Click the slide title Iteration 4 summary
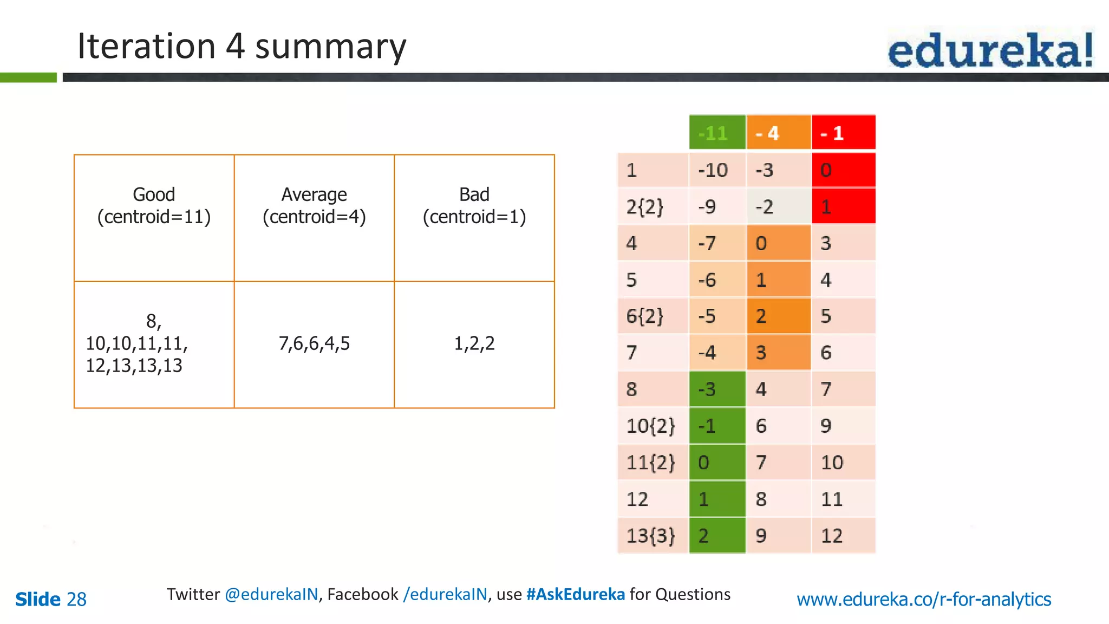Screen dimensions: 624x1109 coord(242,47)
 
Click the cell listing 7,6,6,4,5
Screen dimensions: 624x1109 coord(314,344)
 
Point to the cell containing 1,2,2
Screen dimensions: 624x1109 coord(474,344)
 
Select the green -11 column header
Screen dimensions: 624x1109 coord(717,133)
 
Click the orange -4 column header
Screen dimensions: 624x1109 coord(778,133)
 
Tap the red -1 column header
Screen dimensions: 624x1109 coord(843,133)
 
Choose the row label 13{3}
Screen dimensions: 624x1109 coord(652,536)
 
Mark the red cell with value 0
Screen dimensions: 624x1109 coord(843,171)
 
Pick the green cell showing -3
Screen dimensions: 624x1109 coord(717,389)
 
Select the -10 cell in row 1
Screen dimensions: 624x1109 coord(717,171)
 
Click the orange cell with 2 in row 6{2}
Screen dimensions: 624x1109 coord(778,316)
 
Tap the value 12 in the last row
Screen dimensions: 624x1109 coord(843,536)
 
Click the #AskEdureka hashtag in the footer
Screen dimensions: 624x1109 coord(575,594)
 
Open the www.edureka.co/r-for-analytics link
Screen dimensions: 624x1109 coord(924,599)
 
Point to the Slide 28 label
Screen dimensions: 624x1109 coord(51,599)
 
